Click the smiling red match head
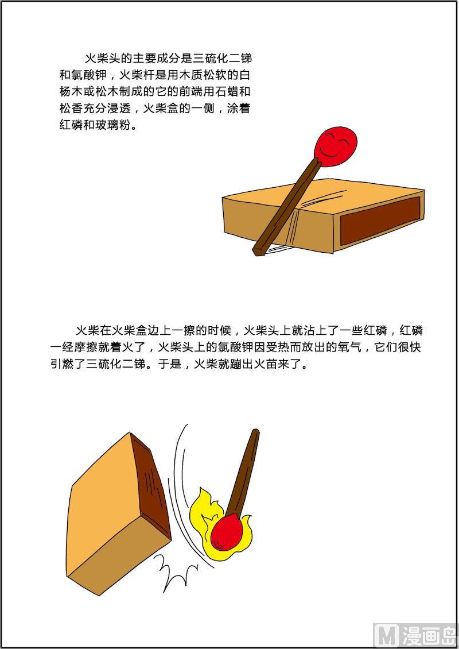pos(335,146)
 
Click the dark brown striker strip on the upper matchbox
pos(380,220)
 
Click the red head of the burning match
pos(227,532)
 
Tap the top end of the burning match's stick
pos(256,432)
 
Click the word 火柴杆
pos(137,75)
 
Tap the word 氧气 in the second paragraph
pos(350,347)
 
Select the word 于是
pos(170,365)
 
